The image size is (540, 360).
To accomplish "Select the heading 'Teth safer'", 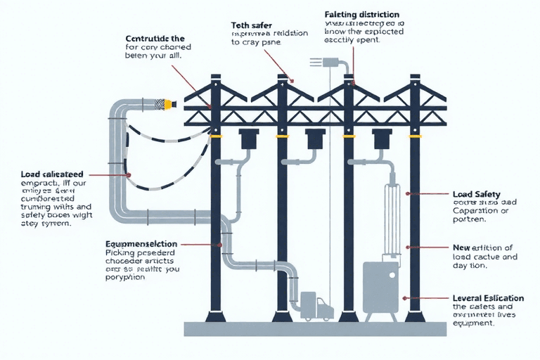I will pyautogui.click(x=252, y=26).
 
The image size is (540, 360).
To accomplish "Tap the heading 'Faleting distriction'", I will pyautogui.click(x=362, y=14).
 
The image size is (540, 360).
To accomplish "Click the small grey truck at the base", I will pyautogui.click(x=316, y=308).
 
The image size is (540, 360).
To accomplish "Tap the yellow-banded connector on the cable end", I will pyautogui.click(x=168, y=104).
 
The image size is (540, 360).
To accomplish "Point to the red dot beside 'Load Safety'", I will pyautogui.click(x=408, y=193).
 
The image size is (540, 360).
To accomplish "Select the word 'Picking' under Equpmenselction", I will pyautogui.click(x=120, y=251).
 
